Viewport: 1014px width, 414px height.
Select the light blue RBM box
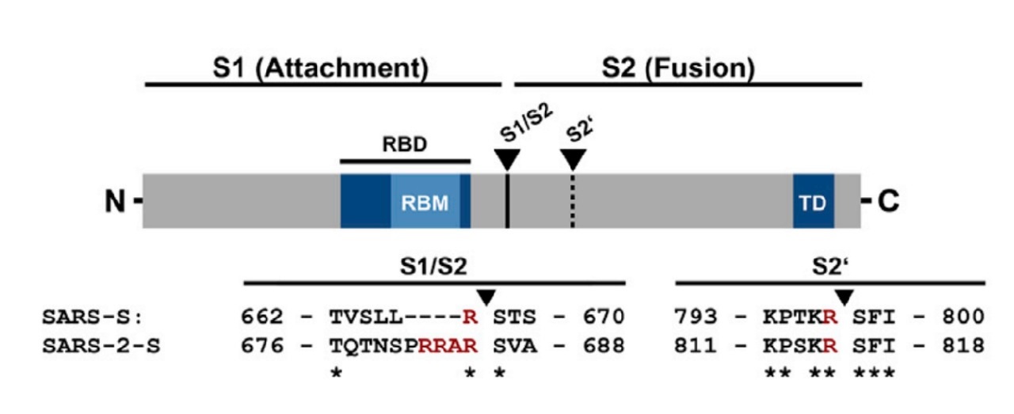click(x=425, y=202)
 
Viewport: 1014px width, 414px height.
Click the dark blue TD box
click(x=814, y=202)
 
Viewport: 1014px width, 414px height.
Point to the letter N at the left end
click(x=116, y=203)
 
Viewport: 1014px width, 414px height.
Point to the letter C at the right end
click(x=889, y=203)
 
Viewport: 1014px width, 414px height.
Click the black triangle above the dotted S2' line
click(x=572, y=160)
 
